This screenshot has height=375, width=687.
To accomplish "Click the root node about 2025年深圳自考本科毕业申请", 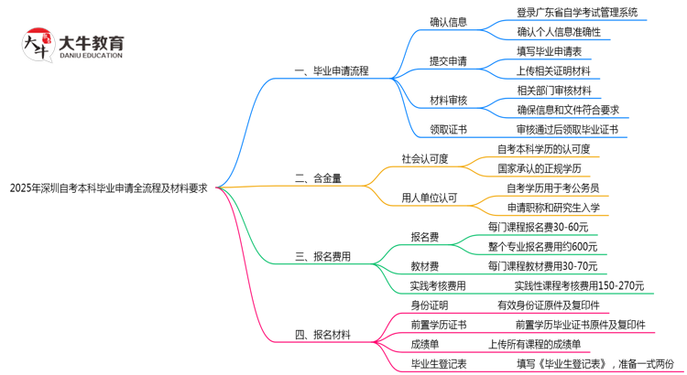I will [108, 187].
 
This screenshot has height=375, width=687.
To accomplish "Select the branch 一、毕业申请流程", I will [331, 70].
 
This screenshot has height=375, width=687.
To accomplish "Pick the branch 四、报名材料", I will [322, 335].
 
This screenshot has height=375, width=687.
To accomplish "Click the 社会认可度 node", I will [425, 158].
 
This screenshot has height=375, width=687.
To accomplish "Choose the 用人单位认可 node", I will [430, 198].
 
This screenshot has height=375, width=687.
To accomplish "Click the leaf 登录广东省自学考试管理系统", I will [577, 13].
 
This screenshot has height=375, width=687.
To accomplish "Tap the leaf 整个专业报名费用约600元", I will [542, 246].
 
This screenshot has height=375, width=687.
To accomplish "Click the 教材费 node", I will [425, 266].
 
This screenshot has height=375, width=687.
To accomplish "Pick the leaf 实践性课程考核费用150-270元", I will [578, 285].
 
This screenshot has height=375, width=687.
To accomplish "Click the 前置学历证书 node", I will [439, 325].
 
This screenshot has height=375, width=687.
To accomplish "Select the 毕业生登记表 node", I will [439, 363].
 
